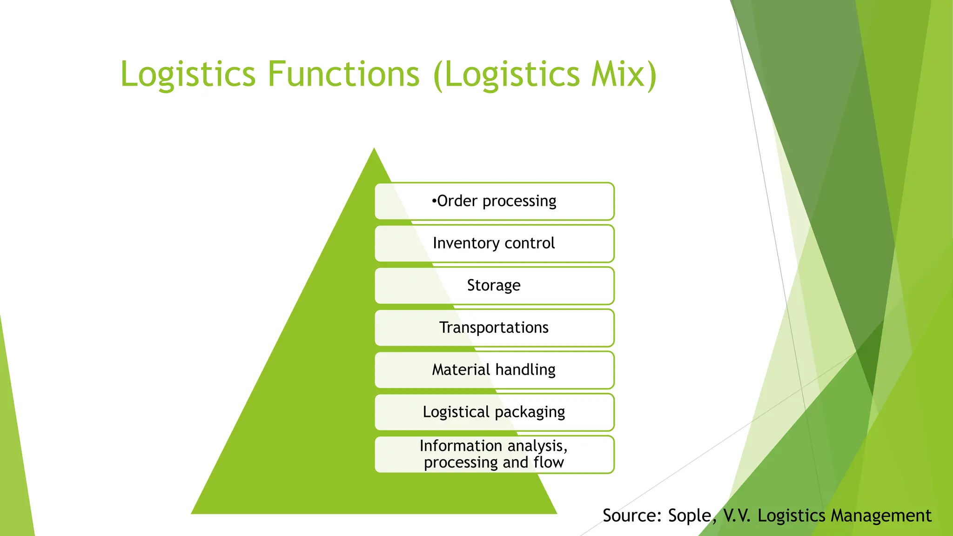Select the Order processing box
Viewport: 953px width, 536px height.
click(494, 201)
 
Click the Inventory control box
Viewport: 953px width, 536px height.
click(494, 243)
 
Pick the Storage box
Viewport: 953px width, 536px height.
click(494, 285)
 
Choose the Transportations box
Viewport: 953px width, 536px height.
click(494, 328)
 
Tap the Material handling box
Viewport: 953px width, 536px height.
click(494, 370)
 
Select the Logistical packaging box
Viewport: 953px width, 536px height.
click(494, 412)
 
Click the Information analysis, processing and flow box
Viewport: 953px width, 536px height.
click(494, 454)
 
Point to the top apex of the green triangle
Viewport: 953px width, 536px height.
click(374, 150)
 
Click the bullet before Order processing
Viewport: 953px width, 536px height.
click(434, 201)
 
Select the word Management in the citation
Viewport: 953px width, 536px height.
click(881, 516)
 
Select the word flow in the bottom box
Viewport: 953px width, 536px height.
click(549, 462)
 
